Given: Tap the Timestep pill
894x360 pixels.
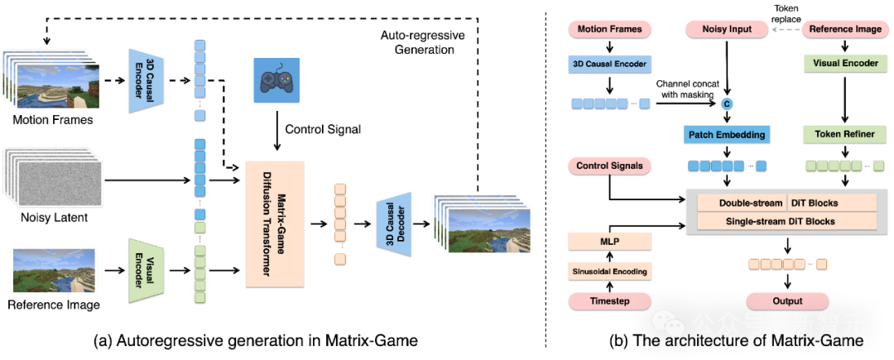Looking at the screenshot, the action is [609, 300].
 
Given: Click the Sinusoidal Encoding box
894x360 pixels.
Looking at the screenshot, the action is [609, 271].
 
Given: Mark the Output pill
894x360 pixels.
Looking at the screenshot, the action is [788, 300].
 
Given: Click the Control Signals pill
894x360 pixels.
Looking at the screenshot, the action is [609, 166].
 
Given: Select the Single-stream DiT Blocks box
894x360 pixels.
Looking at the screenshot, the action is [787, 221].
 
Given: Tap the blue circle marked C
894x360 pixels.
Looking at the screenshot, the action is [727, 103].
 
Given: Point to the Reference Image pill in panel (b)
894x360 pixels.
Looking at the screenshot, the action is [842, 30].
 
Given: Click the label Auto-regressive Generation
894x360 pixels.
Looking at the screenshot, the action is [422, 42].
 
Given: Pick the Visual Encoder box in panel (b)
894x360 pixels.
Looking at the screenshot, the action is [842, 63].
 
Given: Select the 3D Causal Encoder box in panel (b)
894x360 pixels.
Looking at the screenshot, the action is [609, 64].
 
